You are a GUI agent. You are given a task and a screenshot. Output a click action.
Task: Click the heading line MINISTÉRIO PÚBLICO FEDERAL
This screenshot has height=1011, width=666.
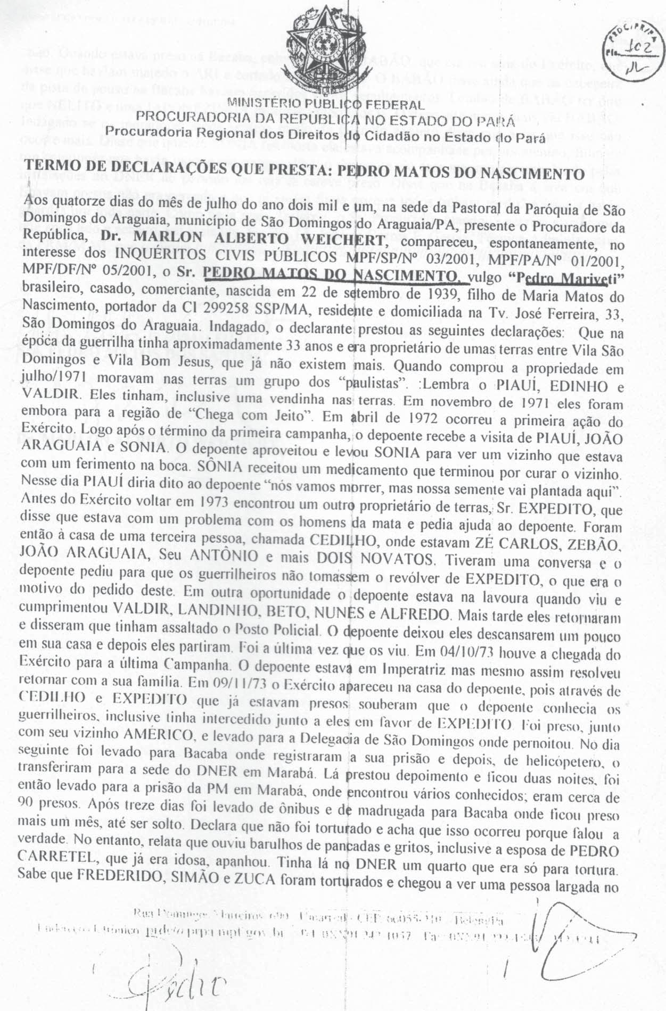326,104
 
